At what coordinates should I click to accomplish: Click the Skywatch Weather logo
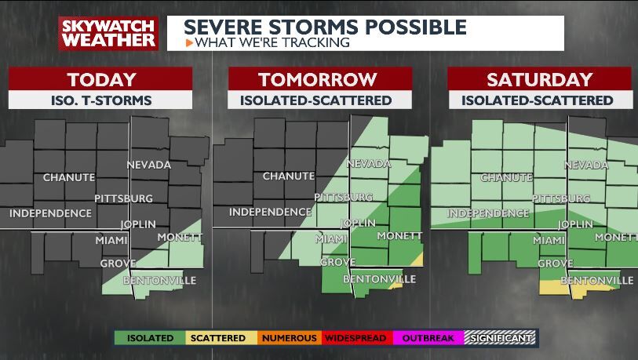click(x=108, y=33)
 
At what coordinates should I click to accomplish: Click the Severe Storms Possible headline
click(x=325, y=27)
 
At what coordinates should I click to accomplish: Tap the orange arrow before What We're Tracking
click(x=189, y=42)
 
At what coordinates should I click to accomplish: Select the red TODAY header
click(x=101, y=79)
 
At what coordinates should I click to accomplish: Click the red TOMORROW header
click(x=317, y=79)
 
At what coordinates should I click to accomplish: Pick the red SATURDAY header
click(x=539, y=79)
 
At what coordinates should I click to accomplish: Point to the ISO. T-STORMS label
click(x=101, y=100)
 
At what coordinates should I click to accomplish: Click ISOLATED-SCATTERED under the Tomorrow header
click(x=317, y=100)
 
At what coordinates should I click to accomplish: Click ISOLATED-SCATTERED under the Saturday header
click(x=539, y=100)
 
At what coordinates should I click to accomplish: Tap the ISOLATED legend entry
click(x=149, y=338)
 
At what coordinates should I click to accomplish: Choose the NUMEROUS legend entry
click(x=289, y=338)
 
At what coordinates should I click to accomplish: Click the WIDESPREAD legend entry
click(x=355, y=338)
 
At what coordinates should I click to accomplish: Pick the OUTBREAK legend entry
click(x=428, y=338)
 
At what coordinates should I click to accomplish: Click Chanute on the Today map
click(x=69, y=177)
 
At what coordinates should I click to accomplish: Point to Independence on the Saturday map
click(x=488, y=213)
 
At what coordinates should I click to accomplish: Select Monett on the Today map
click(x=180, y=237)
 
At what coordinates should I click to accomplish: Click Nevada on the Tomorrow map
click(x=368, y=165)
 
